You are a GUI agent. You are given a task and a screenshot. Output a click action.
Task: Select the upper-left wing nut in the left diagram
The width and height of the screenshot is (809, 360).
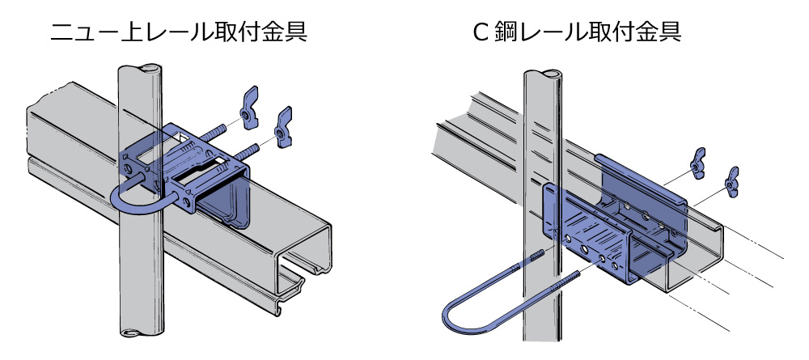click(248, 102)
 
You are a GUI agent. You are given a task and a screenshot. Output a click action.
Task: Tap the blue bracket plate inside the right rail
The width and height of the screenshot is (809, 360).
click(615, 235)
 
